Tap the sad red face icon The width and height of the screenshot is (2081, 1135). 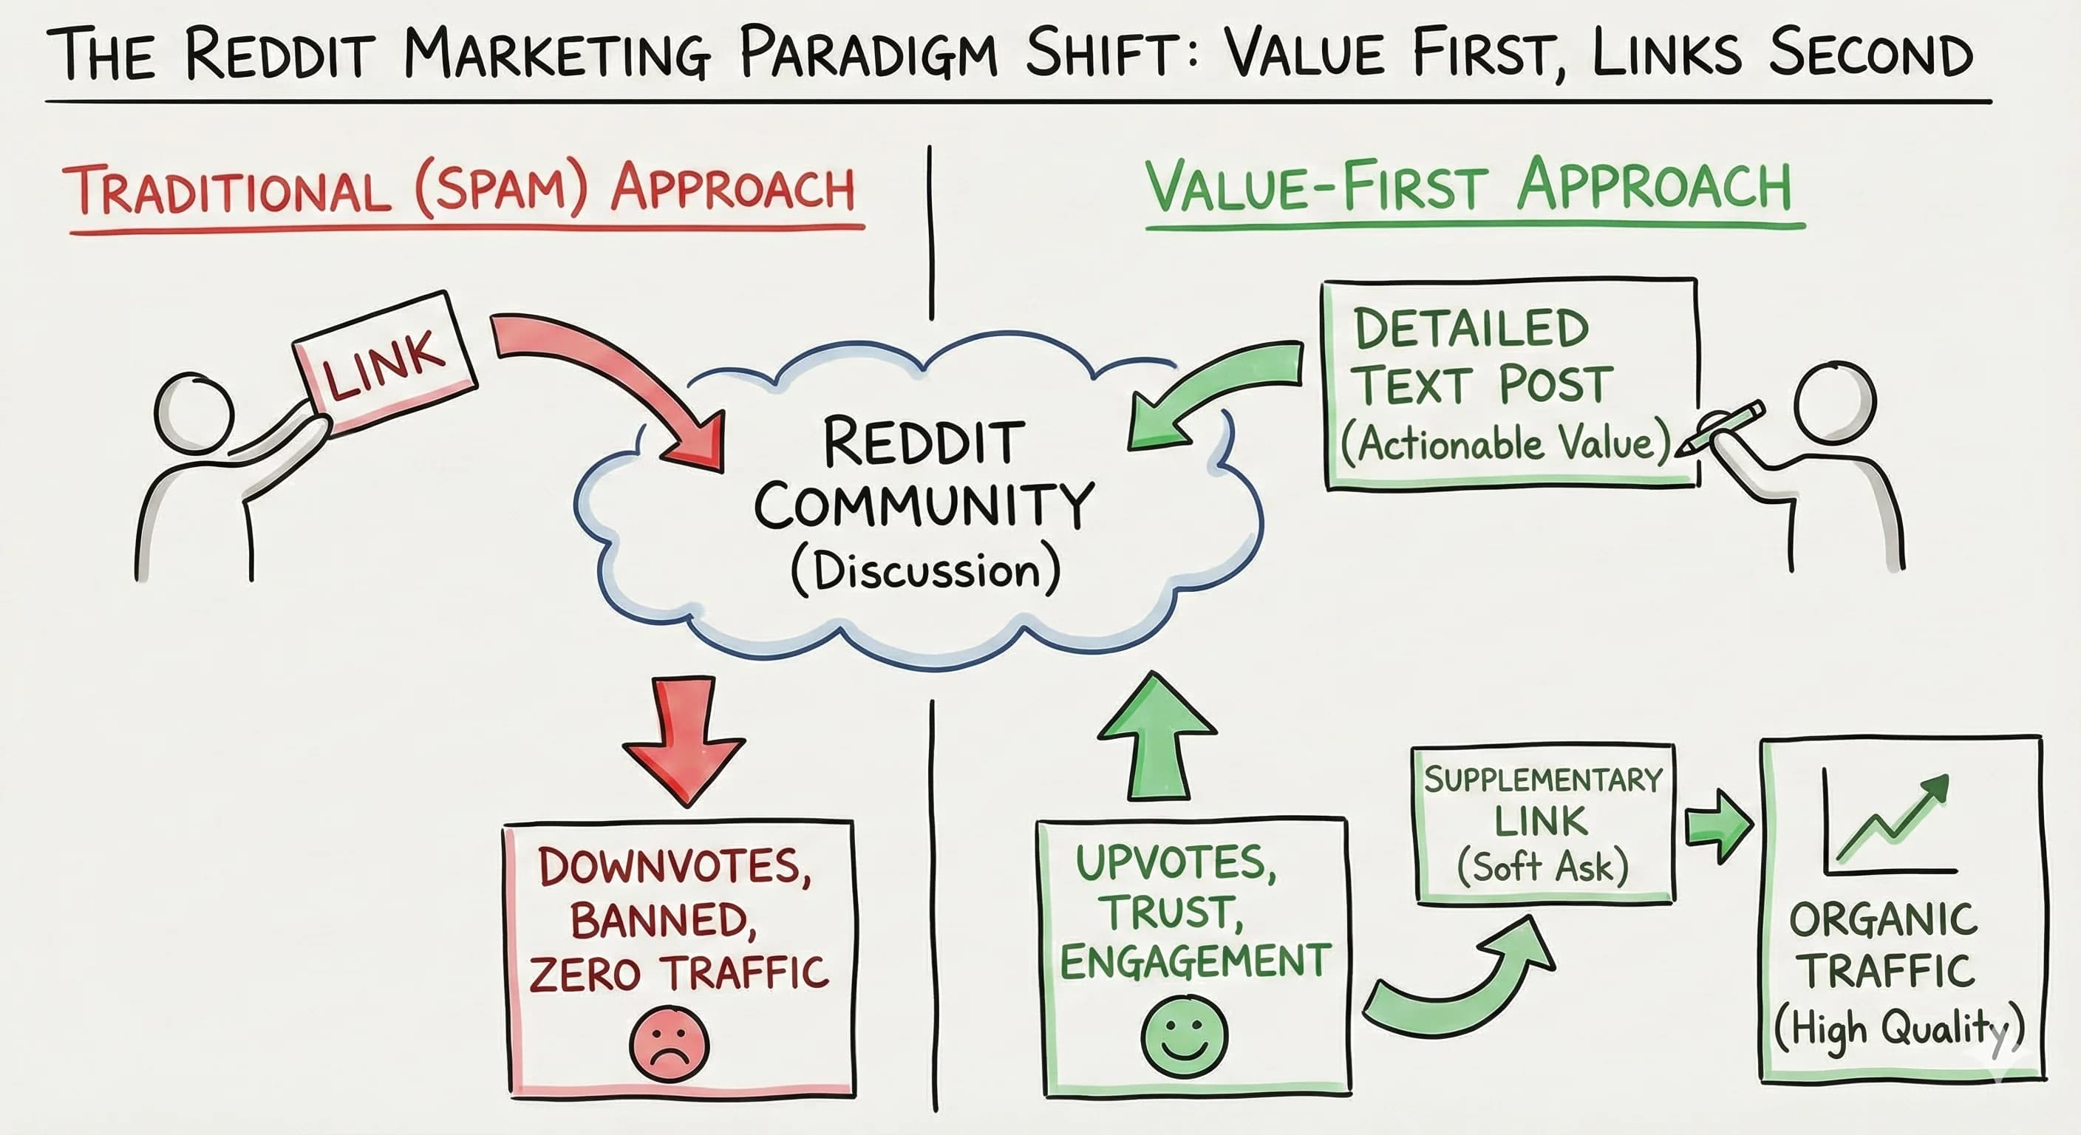668,1043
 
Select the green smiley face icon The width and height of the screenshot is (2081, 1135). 1185,1037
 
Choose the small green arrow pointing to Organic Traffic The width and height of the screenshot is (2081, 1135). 1719,826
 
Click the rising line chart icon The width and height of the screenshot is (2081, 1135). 1890,824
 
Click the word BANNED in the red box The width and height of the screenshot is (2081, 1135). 663,920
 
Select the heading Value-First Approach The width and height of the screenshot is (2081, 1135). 1468,188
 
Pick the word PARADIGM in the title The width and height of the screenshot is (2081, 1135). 868,53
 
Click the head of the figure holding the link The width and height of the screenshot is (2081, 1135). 194,412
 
